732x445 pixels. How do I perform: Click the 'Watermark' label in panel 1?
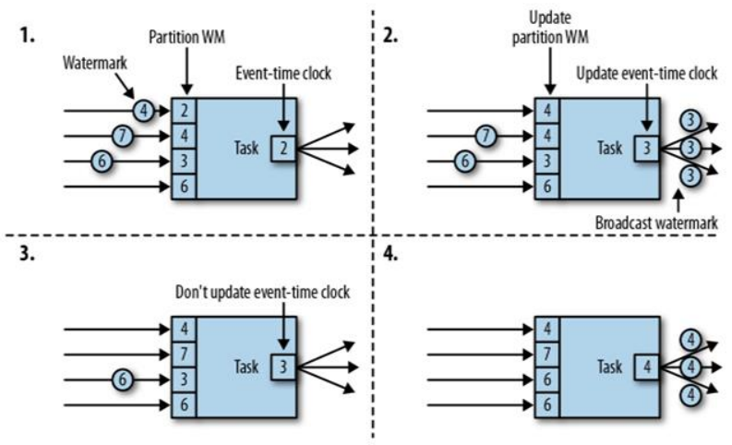(x=93, y=66)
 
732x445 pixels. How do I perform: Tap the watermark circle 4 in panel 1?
(x=141, y=111)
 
